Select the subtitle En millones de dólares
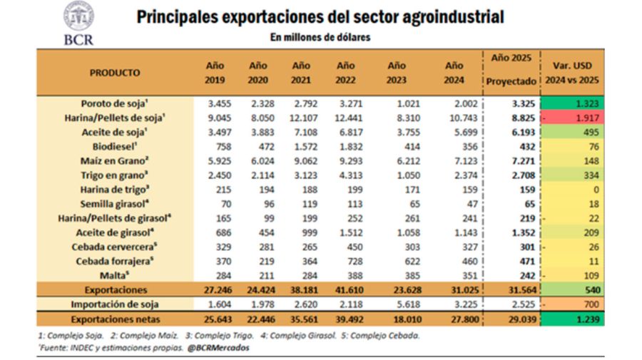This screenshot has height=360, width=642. point(320,37)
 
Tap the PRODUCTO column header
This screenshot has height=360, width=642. point(115,73)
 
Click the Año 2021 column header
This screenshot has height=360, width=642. point(301,73)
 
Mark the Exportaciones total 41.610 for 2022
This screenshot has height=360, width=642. point(345,290)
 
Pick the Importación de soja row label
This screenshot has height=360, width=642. point(116,305)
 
